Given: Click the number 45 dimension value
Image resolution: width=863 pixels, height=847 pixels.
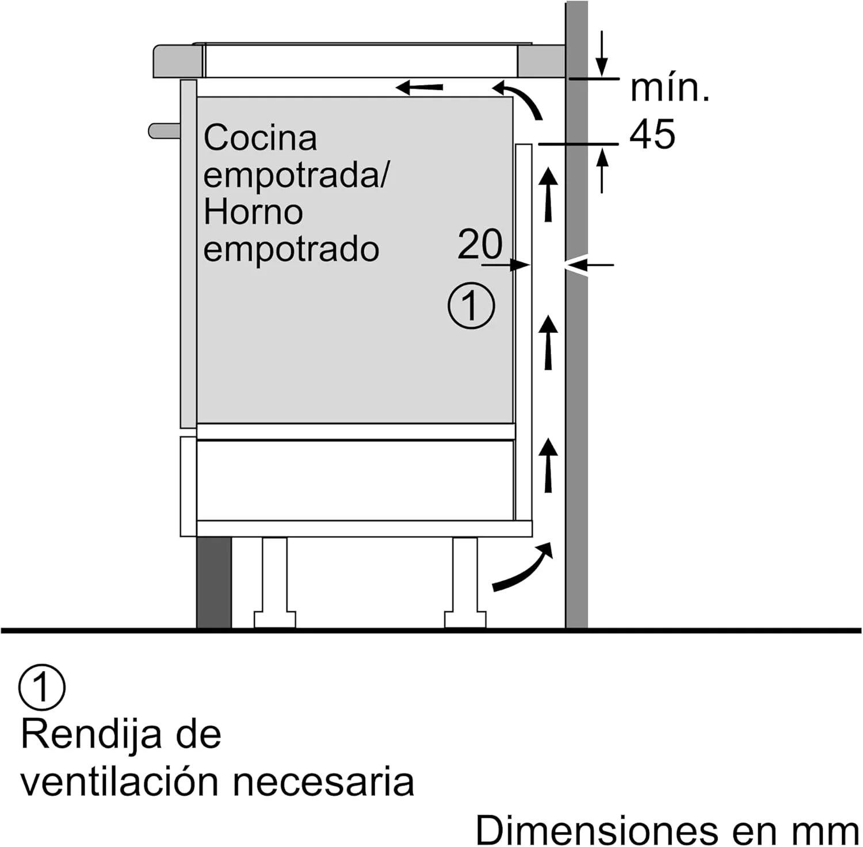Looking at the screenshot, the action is coord(652,135).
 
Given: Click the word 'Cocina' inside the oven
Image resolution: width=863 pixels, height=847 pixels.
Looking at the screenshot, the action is coord(261,138).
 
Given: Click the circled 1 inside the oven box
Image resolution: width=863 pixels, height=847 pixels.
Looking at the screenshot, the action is coord(471,305).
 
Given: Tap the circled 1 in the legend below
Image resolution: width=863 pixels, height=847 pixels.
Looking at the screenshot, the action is coord(42,687).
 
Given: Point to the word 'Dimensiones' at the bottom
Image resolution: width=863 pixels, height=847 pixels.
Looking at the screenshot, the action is coord(597,830).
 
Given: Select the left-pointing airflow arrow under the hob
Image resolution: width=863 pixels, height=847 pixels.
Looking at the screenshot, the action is coord(419,88).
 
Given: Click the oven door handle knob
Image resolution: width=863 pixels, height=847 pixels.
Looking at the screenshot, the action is coord(165,131).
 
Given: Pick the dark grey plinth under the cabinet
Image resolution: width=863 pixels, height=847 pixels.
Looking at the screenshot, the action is coord(214,582).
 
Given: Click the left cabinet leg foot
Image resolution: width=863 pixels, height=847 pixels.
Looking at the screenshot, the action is coord(274,620).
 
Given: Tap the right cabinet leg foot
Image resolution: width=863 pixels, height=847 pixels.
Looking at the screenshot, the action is coord(465,620).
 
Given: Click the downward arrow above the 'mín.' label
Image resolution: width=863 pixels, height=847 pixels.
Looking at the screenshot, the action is coord(601,53).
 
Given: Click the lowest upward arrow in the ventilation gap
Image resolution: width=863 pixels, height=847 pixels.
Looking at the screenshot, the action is coord(549,465).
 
